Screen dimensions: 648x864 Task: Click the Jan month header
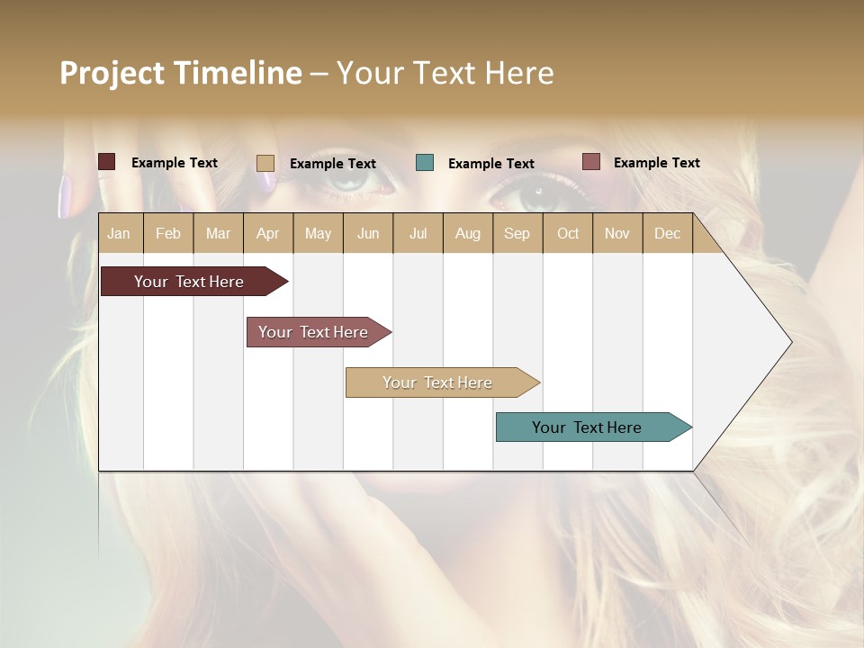(x=119, y=233)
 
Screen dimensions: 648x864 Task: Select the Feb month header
(x=168, y=233)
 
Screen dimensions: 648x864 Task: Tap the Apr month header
(x=267, y=233)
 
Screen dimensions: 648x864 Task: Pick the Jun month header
(x=368, y=233)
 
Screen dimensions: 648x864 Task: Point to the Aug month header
(x=467, y=233)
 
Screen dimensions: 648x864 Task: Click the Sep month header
(x=517, y=233)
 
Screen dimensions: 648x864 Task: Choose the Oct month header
(x=568, y=233)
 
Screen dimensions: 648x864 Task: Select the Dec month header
(x=667, y=233)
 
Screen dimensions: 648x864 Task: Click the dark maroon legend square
(x=107, y=162)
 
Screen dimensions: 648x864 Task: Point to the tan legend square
(x=265, y=163)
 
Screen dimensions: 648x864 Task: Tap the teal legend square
(x=425, y=163)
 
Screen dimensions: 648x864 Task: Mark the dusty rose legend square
(x=590, y=162)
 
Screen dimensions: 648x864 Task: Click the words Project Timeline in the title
(x=180, y=73)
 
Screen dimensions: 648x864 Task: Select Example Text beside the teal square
(x=490, y=164)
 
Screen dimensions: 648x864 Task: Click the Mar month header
(x=218, y=233)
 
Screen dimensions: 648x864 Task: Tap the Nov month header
(x=616, y=233)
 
